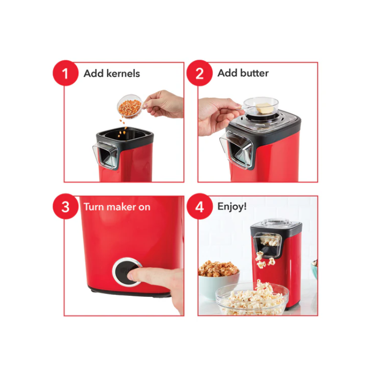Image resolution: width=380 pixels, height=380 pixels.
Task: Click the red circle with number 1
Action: pyautogui.click(x=66, y=73)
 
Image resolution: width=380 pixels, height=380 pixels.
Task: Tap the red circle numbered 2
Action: pyautogui.click(x=199, y=73)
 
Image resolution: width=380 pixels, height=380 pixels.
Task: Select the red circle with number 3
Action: pyautogui.click(x=66, y=207)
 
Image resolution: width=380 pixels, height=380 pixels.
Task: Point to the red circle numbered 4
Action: pyautogui.click(x=199, y=207)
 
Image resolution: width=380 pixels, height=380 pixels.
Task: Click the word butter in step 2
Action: pyautogui.click(x=255, y=73)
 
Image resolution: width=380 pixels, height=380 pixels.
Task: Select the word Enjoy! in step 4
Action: pyautogui.click(x=232, y=207)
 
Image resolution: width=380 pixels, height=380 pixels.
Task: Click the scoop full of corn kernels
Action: pyautogui.click(x=130, y=107)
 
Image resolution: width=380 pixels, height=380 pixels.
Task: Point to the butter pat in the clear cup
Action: pyautogui.click(x=265, y=108)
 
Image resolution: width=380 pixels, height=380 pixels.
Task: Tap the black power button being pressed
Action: pyautogui.click(x=126, y=272)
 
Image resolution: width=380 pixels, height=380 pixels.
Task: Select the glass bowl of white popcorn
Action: pyautogui.click(x=252, y=299)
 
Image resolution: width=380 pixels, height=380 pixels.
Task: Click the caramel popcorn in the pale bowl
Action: pyautogui.click(x=218, y=269)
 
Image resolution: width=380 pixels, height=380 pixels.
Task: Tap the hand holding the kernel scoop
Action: pyautogui.click(x=165, y=104)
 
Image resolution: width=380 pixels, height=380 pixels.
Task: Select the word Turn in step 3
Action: pyautogui.click(x=94, y=207)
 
